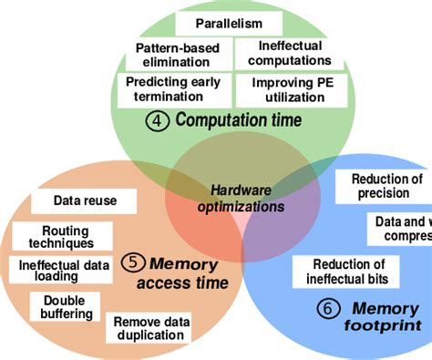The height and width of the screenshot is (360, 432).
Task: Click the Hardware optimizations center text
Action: tap(242, 199)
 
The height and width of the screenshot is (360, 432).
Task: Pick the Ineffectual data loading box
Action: tap(59, 272)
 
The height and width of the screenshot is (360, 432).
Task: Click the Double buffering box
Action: tap(66, 306)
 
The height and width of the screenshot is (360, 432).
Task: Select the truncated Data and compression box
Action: tap(400, 229)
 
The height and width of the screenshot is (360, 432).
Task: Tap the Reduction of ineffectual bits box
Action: tap(345, 271)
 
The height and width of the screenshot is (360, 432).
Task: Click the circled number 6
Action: tap(326, 309)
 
